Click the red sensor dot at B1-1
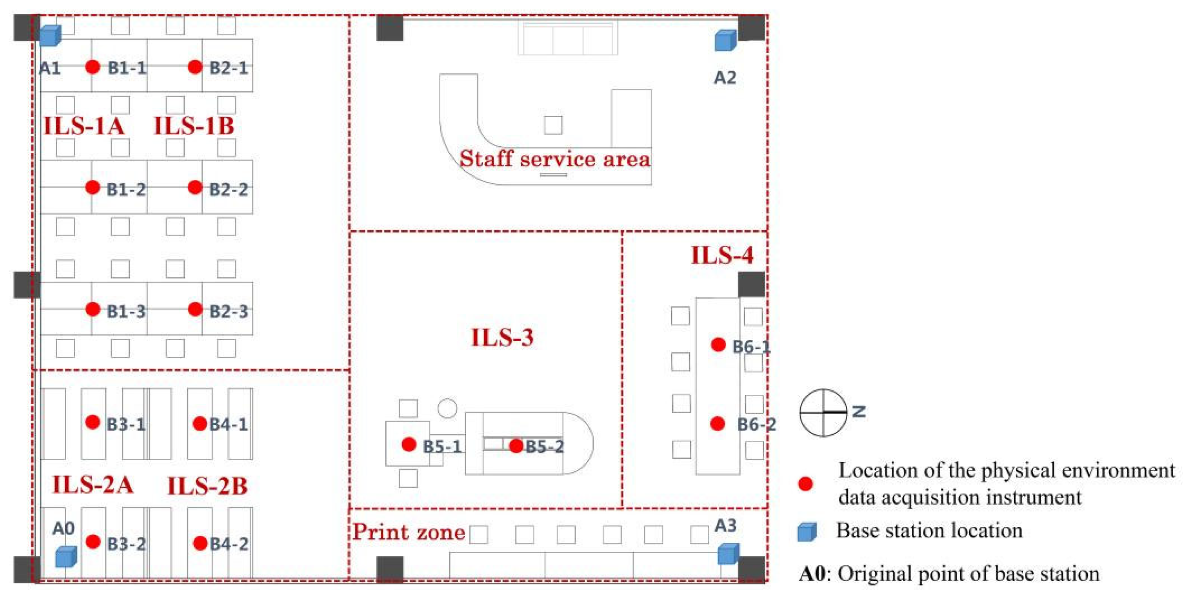click(x=93, y=67)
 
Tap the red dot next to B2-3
click(x=196, y=309)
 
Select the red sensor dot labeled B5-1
click(x=409, y=444)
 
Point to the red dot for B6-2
click(x=717, y=423)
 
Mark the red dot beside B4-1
click(x=200, y=423)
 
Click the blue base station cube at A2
click(x=725, y=40)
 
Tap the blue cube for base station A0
click(x=66, y=557)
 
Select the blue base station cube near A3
click(x=728, y=554)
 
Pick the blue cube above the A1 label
click(x=50, y=35)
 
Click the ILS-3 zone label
click(x=503, y=338)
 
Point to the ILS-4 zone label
click(x=722, y=255)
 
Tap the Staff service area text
click(x=555, y=159)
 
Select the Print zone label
click(x=409, y=532)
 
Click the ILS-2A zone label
click(x=93, y=485)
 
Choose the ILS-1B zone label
click(x=193, y=126)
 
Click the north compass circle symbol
click(x=823, y=413)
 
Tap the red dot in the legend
click(x=805, y=484)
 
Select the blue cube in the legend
click(x=807, y=532)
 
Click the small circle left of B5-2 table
click(x=447, y=408)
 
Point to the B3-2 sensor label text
click(x=126, y=544)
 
